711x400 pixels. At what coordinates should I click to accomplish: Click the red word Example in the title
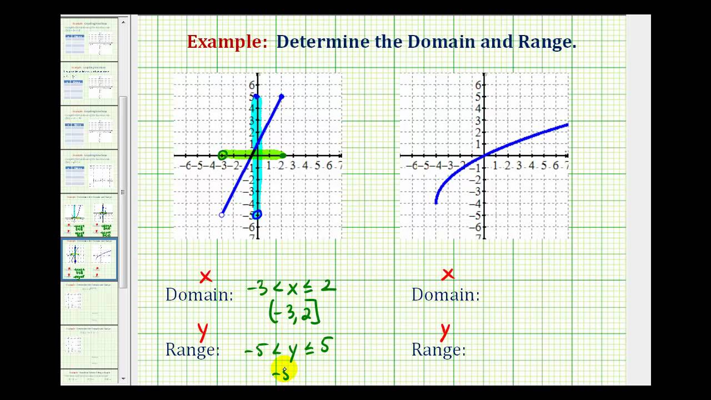point(228,42)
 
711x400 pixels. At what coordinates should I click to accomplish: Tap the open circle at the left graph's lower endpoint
point(222,214)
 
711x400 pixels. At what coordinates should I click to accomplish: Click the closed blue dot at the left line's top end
point(282,97)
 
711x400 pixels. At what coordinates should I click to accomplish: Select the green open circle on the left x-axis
point(223,156)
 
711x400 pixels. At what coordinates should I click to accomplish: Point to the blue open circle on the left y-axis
point(257,214)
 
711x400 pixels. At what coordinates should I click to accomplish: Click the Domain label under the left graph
point(199,294)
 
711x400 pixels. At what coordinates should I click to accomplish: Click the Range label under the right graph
point(438,349)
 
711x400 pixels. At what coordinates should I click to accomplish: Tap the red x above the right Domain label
point(448,274)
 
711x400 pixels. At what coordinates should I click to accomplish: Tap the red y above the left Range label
point(203,332)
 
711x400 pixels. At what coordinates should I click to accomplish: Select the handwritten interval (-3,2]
point(294,313)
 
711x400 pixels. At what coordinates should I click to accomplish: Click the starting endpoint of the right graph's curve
point(436,203)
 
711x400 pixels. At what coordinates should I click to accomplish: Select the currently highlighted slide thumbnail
point(89,259)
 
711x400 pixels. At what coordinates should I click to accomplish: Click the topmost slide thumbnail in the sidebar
point(89,39)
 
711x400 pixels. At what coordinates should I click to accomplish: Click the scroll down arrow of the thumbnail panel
point(123,379)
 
